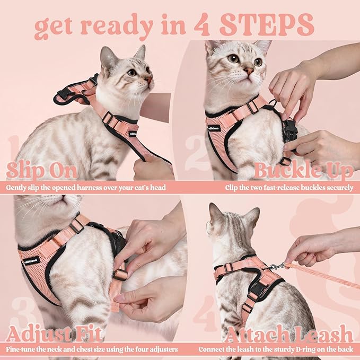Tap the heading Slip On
tap(42, 171)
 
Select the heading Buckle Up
tap(303, 171)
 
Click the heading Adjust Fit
tap(54, 335)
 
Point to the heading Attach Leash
tap(288, 335)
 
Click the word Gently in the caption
tap(18, 187)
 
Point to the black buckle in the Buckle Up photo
tap(289, 130)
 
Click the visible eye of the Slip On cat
tap(131, 72)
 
